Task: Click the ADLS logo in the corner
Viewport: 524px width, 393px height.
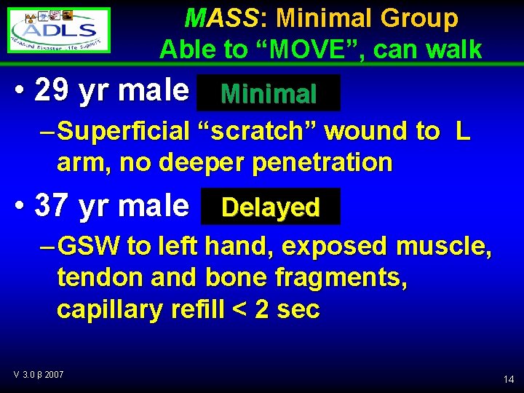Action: coord(60,30)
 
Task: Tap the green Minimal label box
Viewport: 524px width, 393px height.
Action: coord(269,93)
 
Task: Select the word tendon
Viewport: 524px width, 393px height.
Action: coord(92,278)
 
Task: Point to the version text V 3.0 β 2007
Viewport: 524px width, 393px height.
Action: coord(38,374)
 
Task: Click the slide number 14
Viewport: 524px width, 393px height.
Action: coord(508,379)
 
